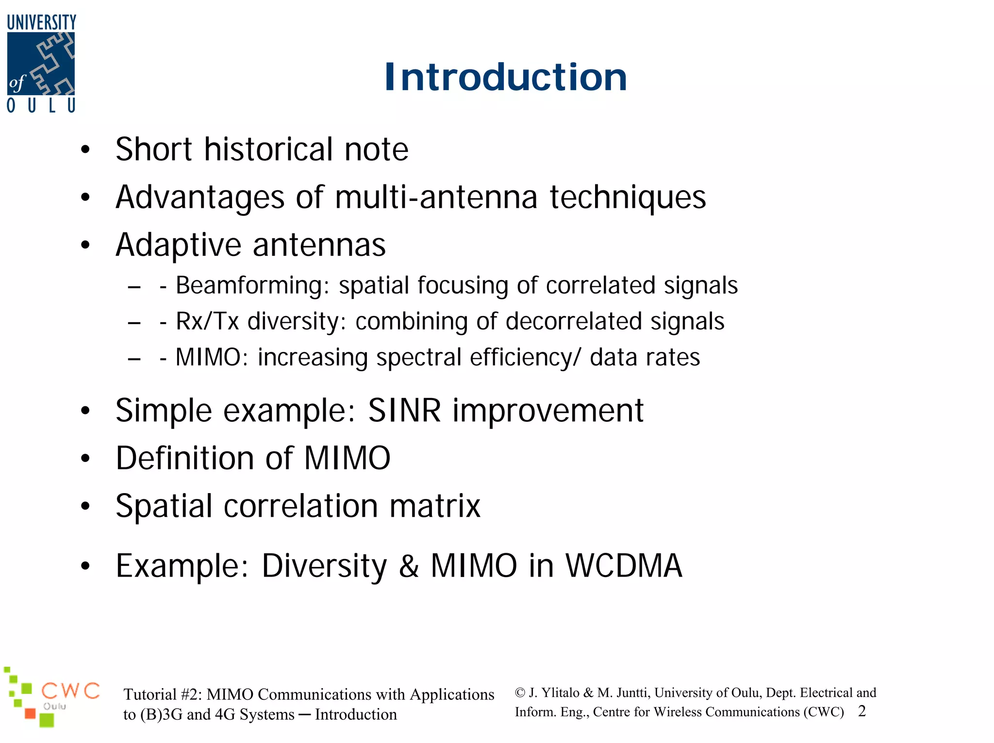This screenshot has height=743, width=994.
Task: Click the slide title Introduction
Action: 505,77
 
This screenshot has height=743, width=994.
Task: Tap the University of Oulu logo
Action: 41,64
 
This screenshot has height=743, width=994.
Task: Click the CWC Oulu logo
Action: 51,697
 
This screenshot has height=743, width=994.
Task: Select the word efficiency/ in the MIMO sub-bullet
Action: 525,358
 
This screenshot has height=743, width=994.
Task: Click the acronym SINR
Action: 404,411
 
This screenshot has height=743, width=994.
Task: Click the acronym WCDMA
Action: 624,566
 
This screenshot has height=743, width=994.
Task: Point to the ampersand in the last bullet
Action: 409,566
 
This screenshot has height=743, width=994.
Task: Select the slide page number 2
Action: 861,711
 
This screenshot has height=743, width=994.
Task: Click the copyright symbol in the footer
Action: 520,693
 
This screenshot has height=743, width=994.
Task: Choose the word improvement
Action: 548,411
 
